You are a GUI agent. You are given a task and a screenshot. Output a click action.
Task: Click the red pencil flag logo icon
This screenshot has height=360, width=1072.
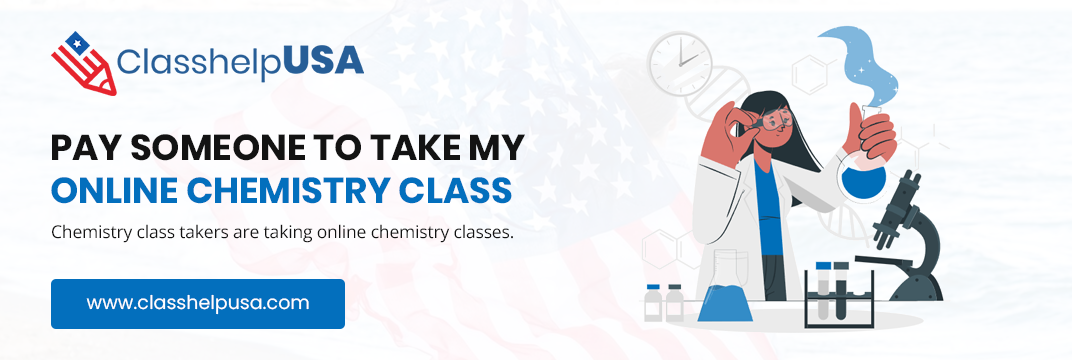pos(83,63)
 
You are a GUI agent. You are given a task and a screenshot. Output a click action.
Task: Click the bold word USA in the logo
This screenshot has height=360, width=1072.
pos(323,61)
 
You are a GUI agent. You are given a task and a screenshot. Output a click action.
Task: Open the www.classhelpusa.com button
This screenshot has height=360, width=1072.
pos(198,303)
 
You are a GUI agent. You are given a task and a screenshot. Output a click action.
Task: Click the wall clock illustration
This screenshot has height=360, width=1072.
pos(680,64)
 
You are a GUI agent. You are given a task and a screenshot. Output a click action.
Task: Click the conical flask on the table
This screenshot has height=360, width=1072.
pos(725,286)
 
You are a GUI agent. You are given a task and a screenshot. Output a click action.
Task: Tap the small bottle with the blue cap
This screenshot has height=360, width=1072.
pos(654,303)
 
